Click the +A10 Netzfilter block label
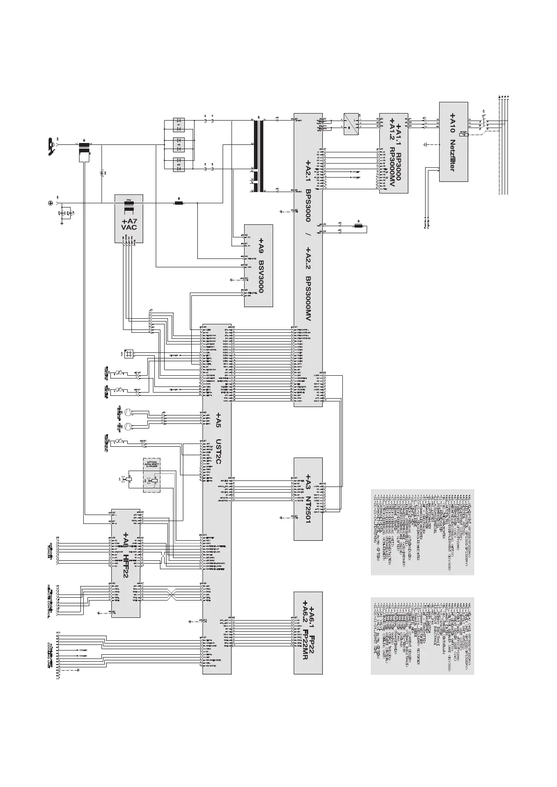point(452,142)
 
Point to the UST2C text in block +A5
point(217,451)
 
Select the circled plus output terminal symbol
point(50,203)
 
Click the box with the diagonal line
point(351,124)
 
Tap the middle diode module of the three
point(178,142)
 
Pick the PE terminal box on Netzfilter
point(463,135)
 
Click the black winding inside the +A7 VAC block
point(129,204)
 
